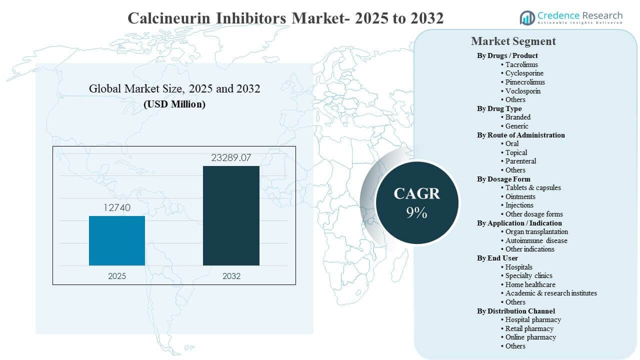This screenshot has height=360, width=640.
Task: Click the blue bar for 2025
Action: [117, 240]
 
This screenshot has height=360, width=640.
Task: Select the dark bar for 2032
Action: [231, 215]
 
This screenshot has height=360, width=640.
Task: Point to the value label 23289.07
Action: [231, 158]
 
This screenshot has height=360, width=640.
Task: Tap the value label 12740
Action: [117, 207]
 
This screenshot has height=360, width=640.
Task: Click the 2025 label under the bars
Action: [117, 276]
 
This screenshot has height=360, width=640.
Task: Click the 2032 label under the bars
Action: [231, 276]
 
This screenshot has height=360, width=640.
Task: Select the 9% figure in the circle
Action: [416, 213]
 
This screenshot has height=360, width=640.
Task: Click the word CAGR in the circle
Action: [416, 193]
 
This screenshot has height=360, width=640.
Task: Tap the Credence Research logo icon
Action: [527, 17]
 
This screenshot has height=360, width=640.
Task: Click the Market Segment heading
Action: [513, 41]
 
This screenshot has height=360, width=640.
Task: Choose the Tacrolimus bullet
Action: [521, 64]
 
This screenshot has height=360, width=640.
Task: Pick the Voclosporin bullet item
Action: [522, 91]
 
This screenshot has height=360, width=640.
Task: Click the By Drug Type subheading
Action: [499, 108]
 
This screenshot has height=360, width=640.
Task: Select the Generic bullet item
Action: [516, 126]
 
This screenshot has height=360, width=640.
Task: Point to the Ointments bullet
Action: [520, 196]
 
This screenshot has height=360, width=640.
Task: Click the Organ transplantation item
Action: [536, 231]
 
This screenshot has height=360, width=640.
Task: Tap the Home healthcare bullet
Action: [530, 284]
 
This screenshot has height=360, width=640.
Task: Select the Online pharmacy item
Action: [530, 337]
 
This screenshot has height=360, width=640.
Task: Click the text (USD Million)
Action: [174, 104]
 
